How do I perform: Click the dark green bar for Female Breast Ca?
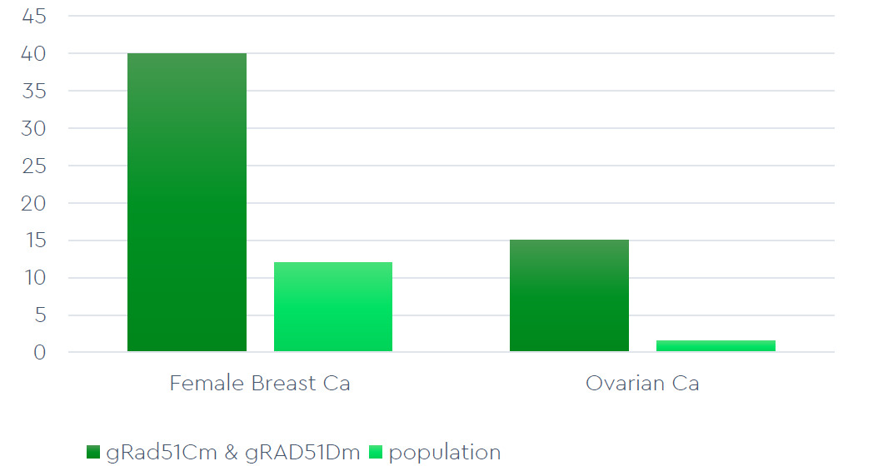(187, 202)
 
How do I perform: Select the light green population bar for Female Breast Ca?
(333, 306)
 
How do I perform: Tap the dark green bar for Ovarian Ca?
(569, 295)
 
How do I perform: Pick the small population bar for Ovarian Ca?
(716, 345)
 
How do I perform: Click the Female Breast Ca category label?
(259, 384)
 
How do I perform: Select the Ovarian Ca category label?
(642, 384)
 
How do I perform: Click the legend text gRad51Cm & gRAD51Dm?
(232, 453)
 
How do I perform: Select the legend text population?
(444, 453)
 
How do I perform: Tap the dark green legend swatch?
(93, 453)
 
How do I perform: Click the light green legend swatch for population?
(376, 453)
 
